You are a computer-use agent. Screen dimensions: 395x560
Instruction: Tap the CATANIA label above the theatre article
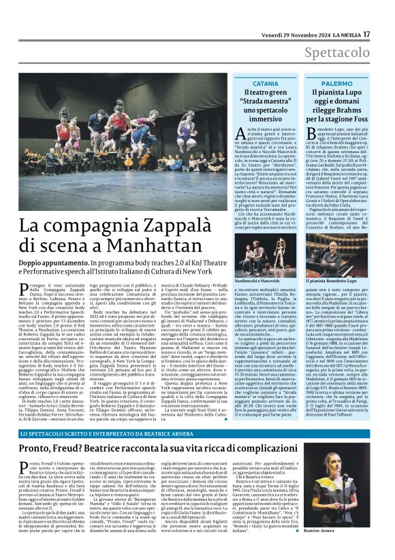[265, 83]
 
